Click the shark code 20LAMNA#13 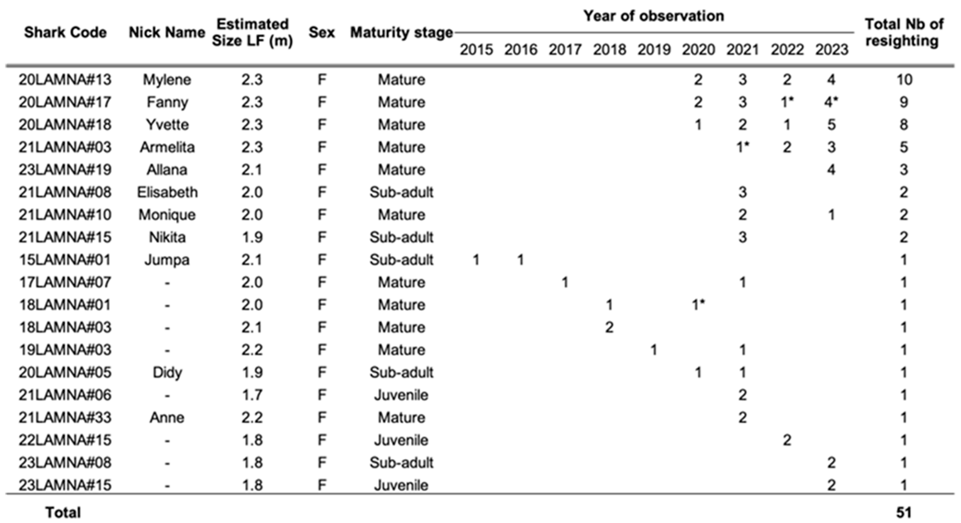pos(65,80)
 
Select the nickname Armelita pos(167,147)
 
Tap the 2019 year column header pos(654,50)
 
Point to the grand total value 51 pos(904,513)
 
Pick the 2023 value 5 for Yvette pos(831,125)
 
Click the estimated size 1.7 pos(252,395)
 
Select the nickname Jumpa pos(167,260)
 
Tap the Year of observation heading pos(654,16)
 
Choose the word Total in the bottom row pos(63,513)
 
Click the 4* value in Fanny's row pos(831,102)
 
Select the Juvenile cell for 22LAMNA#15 pos(401,440)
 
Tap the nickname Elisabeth pos(167,192)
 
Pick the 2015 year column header pos(476,50)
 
